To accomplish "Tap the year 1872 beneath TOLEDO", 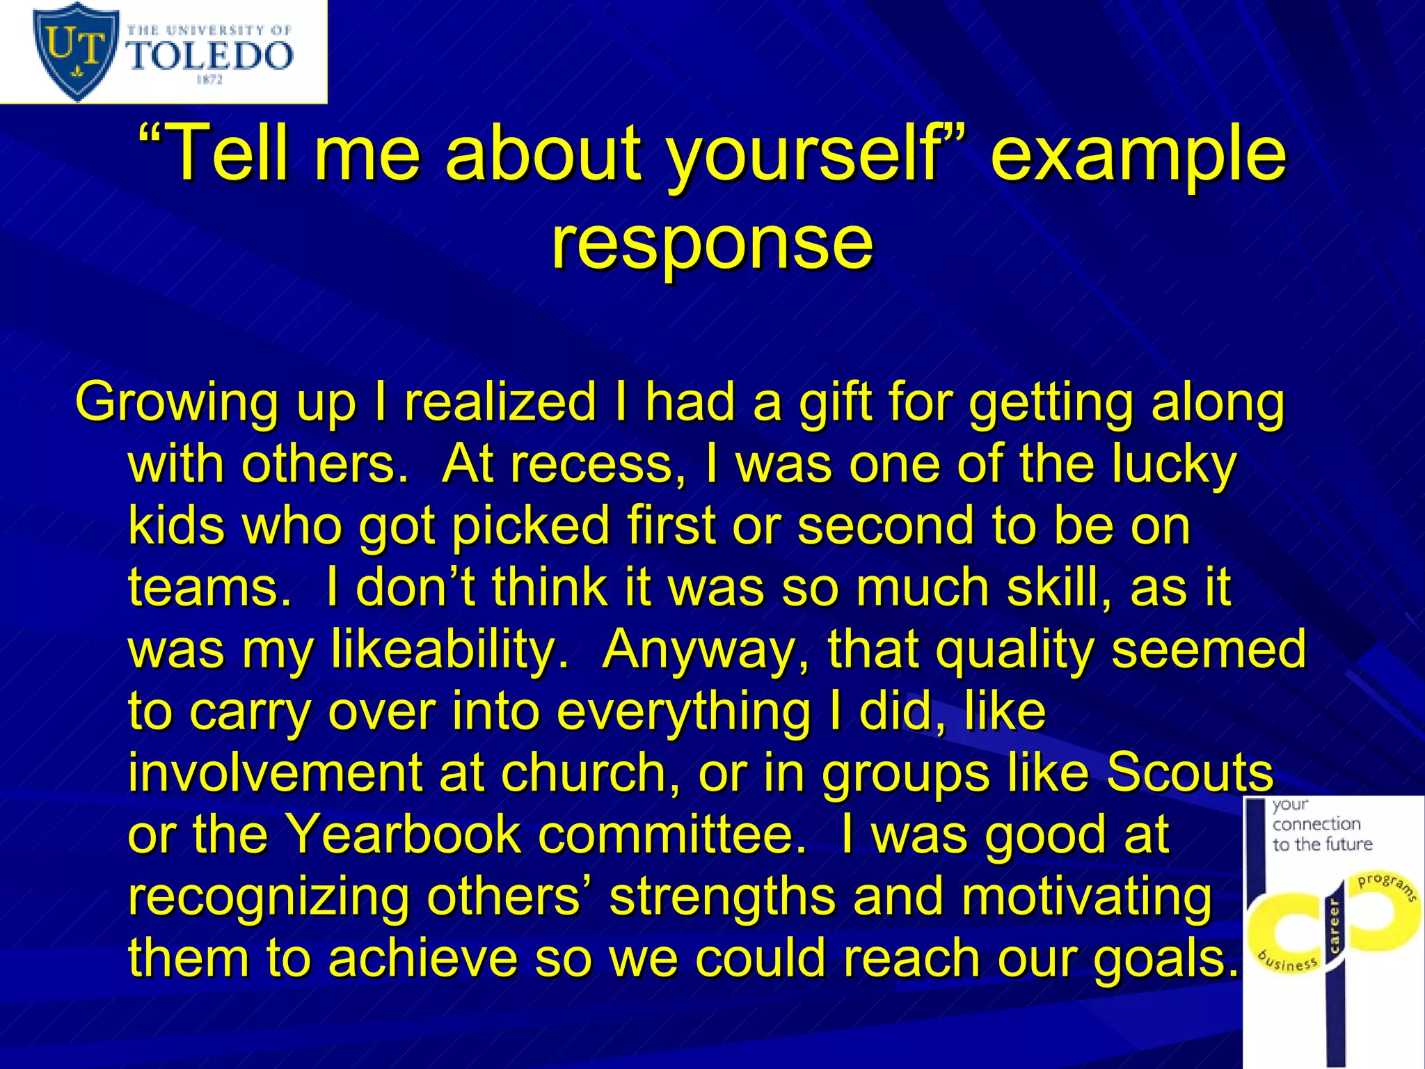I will click(x=209, y=81).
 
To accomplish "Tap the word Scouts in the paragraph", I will click(x=1190, y=773).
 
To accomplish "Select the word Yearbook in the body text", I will click(x=404, y=834).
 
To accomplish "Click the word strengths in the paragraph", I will click(x=722, y=896).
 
